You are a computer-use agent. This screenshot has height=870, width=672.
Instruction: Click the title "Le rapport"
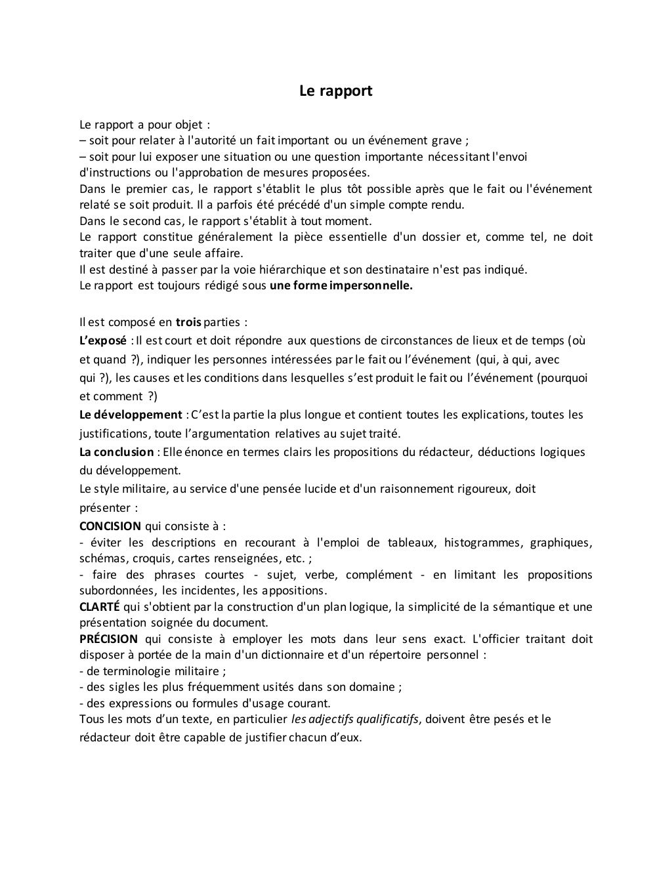pos(335,91)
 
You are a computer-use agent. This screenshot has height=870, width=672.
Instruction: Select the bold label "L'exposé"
pos(102,341)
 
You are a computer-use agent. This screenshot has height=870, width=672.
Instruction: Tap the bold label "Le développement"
pos(131,415)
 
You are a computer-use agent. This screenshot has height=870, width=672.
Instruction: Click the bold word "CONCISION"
pos(110,526)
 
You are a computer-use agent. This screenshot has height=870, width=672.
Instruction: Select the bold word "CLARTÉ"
pos(99,606)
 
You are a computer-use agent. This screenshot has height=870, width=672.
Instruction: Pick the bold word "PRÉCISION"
pos(108,639)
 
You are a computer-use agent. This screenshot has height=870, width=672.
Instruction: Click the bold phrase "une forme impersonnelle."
pos(341,285)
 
